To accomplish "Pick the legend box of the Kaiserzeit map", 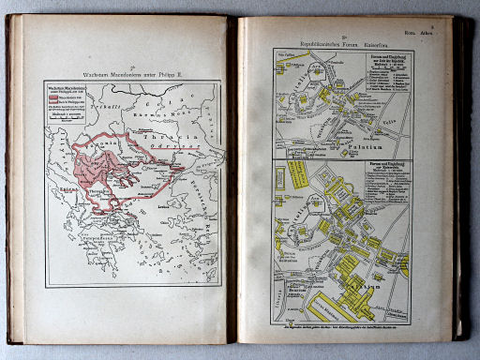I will point(384,175).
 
